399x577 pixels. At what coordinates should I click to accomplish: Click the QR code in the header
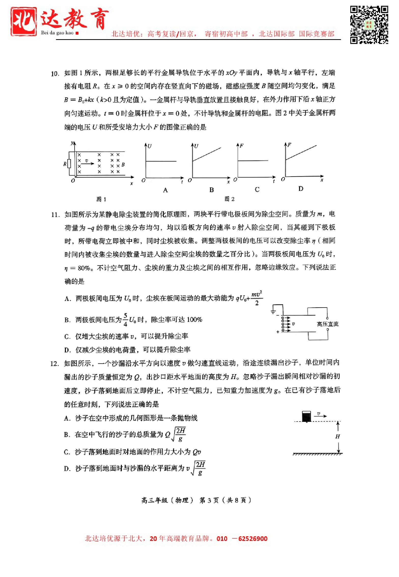click(x=369, y=25)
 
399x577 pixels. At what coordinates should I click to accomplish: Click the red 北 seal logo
click(x=24, y=21)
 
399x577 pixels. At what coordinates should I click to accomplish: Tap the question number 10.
click(x=55, y=74)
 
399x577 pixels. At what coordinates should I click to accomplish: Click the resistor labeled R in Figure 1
click(x=69, y=164)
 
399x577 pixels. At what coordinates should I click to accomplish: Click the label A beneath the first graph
click(x=165, y=190)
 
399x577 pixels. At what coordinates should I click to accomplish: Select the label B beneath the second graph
click(x=211, y=190)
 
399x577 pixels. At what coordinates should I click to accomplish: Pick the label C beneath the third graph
click(x=257, y=190)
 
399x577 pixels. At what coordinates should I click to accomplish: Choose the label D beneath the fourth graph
click(x=301, y=189)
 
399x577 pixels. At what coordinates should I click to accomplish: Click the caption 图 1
click(x=101, y=199)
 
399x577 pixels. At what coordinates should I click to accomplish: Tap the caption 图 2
click(x=230, y=199)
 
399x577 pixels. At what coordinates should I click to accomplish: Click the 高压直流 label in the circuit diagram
click(x=327, y=324)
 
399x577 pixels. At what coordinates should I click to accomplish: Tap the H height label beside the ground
click(x=338, y=437)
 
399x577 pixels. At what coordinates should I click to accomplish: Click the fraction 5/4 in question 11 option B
click(x=125, y=320)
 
